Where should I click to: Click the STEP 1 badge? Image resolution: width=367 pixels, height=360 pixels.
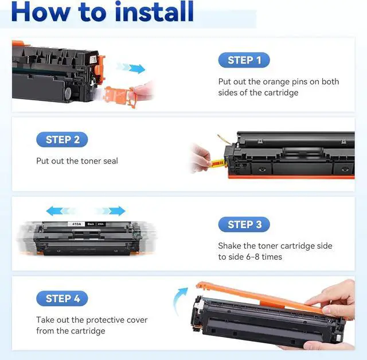coord(244,60)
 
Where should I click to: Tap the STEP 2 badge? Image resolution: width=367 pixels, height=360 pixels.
coord(62,140)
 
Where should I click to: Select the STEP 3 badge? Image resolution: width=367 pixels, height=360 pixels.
coord(244,225)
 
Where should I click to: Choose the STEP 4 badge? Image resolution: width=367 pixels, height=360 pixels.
coord(62,299)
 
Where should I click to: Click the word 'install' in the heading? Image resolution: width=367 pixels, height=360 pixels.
coord(154,11)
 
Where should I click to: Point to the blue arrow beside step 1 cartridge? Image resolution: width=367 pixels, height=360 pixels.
coord(131,68)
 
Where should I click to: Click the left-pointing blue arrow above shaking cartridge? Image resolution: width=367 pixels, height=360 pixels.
coord(61,211)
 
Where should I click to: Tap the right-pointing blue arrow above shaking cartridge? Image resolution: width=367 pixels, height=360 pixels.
coord(111,211)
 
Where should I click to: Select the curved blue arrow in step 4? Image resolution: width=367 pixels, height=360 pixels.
coord(179,299)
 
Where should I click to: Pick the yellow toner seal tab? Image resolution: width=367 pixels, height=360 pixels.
coord(218,163)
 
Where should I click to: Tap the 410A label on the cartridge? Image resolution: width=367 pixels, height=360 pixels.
coord(76,224)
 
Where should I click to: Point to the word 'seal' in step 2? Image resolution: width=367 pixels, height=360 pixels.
coord(110,161)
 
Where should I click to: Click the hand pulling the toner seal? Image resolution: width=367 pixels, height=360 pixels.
coord(201,158)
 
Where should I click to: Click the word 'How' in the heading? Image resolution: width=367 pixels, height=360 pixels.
coord(41,11)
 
